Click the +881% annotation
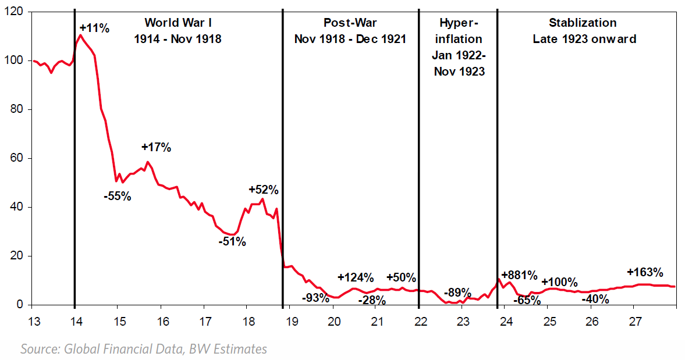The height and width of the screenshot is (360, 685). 519,275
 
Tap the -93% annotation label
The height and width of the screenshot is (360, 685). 315,298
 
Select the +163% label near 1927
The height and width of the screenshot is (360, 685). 645,272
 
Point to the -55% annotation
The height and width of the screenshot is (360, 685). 118,196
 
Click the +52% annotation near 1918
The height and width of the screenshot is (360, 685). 264,190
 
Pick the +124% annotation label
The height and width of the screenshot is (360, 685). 356,277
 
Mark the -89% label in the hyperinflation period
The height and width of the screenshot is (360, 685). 457,293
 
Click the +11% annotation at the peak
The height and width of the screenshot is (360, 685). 94,27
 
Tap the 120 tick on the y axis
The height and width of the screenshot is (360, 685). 16,12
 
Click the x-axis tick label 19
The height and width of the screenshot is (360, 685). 290,321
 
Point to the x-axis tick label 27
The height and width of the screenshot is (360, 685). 636,321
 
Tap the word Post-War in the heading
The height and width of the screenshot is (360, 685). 350,23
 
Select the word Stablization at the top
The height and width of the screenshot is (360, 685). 583,23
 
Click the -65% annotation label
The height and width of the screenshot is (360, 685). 527,301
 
